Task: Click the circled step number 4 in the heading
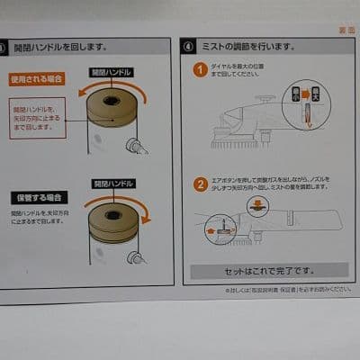(x=188, y=45)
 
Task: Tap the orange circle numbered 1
(x=200, y=68)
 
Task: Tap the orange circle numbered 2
(x=200, y=185)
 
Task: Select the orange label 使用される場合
(x=37, y=79)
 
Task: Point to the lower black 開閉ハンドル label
(x=112, y=184)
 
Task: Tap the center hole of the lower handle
(x=112, y=215)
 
